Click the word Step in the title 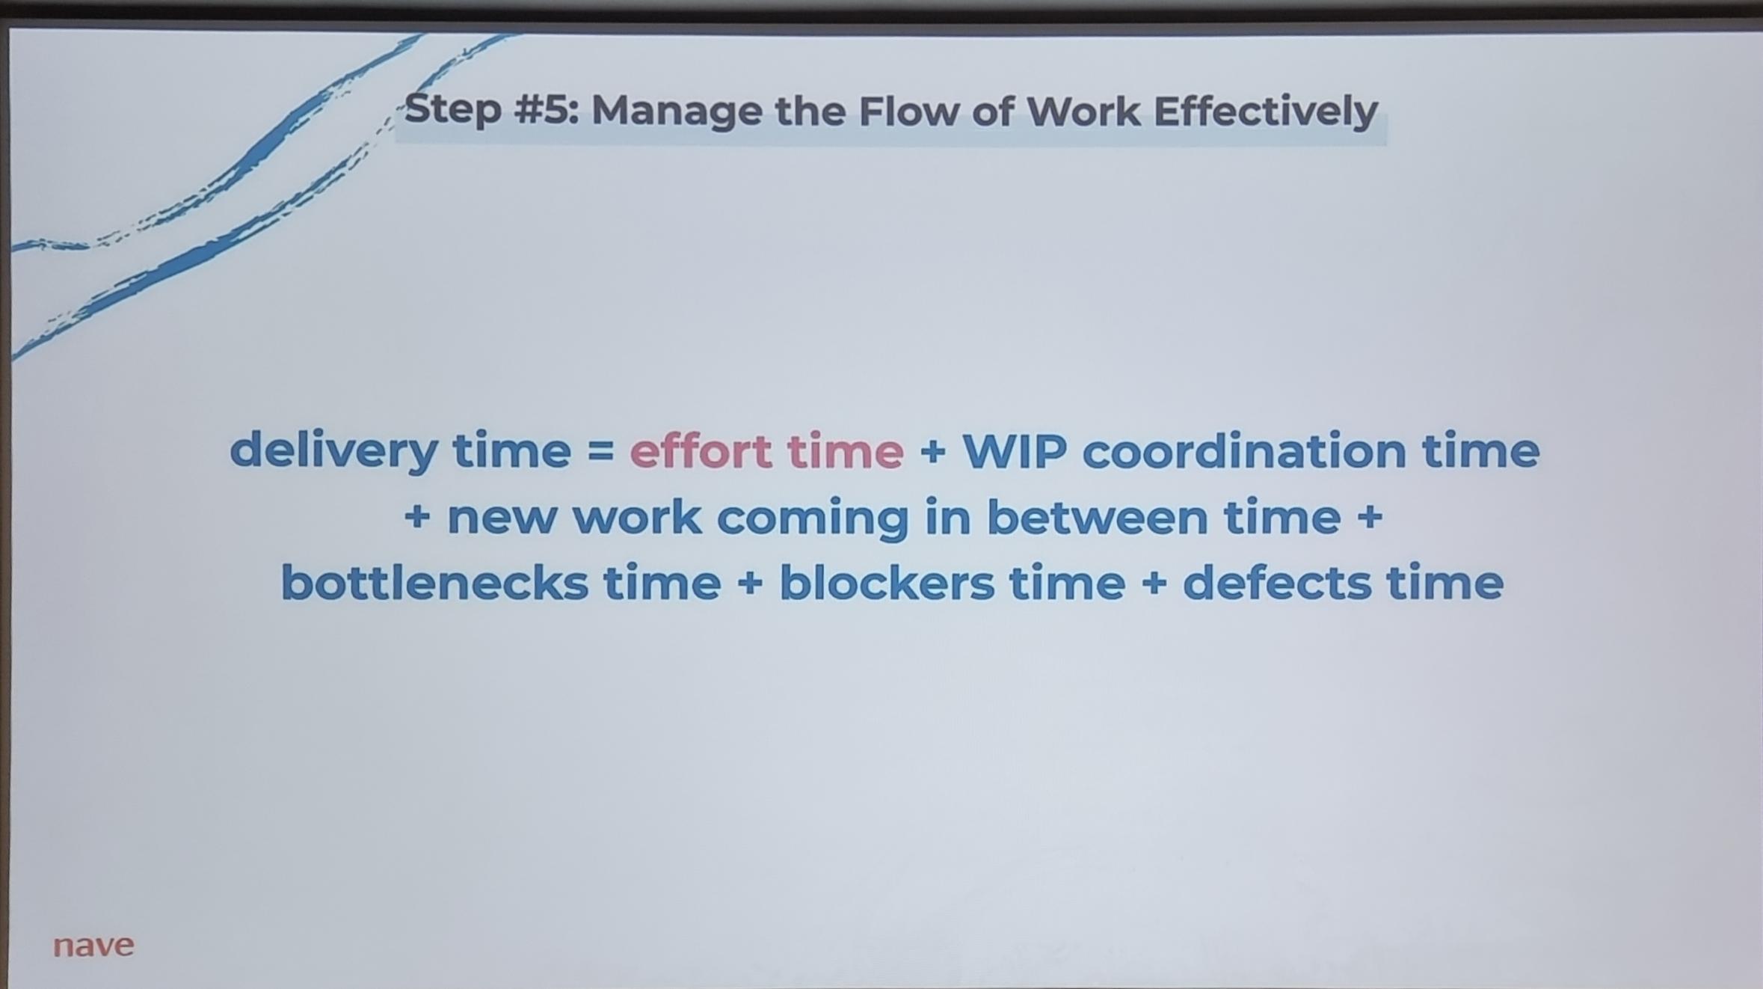(x=453, y=111)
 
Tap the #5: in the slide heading (x=547, y=110)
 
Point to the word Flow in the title (x=908, y=111)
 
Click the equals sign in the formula (x=600, y=450)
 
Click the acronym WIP (x=1014, y=451)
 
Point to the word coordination (x=1244, y=451)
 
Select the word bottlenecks (x=434, y=583)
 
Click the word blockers (x=887, y=583)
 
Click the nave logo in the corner (x=93, y=946)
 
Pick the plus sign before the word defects (x=1154, y=584)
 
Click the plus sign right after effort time (x=932, y=452)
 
